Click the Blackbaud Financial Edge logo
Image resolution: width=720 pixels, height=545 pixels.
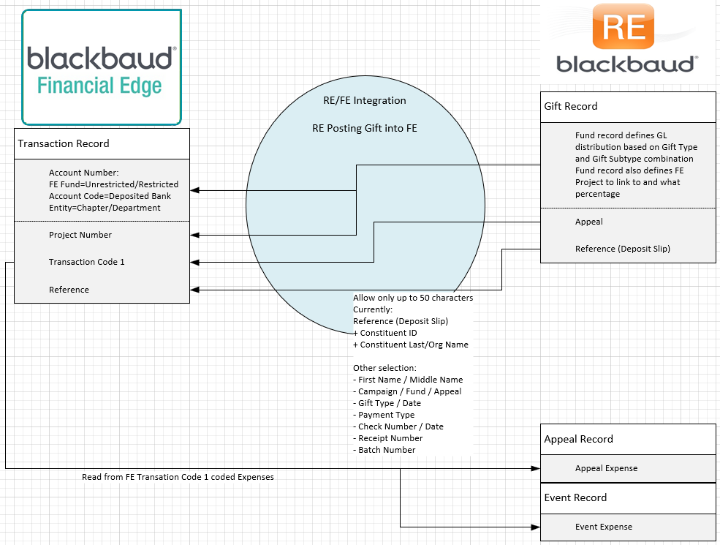(102, 67)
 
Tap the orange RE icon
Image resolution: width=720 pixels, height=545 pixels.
(623, 26)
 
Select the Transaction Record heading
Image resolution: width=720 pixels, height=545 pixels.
(64, 143)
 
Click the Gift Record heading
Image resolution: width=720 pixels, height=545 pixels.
(571, 106)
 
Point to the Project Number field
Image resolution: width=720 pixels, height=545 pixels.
(80, 235)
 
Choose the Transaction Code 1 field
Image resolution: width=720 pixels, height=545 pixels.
(87, 262)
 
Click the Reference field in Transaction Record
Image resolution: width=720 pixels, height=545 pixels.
(69, 290)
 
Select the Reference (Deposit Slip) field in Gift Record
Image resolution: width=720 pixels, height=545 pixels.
(623, 249)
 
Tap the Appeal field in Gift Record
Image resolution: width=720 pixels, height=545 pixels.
(588, 222)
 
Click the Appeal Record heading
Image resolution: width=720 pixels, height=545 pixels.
(579, 439)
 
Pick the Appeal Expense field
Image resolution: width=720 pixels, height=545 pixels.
(606, 468)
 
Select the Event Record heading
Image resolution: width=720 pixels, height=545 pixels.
(575, 497)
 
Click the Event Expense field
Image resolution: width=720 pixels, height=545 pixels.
(603, 527)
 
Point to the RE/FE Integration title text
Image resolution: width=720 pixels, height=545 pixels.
(365, 100)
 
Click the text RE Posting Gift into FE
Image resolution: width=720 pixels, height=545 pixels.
(365, 128)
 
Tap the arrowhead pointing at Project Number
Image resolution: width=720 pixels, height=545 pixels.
(194, 236)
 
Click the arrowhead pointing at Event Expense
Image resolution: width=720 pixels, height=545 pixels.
(535, 527)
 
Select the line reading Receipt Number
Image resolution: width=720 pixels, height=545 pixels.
(387, 438)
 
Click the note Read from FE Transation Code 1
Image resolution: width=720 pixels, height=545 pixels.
(178, 477)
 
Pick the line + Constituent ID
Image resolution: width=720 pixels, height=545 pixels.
(384, 333)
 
